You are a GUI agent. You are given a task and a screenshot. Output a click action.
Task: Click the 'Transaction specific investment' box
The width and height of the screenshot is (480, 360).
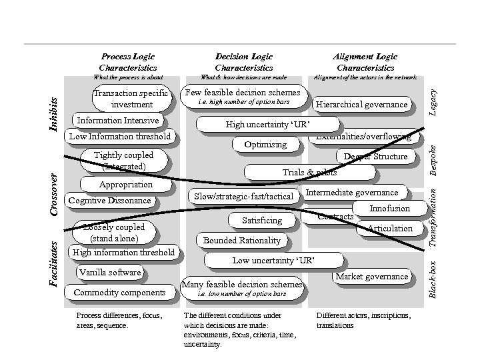(131, 99)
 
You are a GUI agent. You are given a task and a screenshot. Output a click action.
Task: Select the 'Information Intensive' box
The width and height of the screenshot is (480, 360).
(118, 121)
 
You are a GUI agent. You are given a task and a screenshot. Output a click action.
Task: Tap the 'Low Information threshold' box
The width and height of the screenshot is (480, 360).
(121, 137)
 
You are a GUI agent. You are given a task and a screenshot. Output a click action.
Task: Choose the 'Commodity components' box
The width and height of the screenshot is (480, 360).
(119, 292)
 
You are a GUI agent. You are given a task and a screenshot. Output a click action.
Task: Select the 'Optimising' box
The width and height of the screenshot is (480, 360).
(265, 144)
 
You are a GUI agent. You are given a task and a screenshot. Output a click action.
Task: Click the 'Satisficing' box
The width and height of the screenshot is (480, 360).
(262, 220)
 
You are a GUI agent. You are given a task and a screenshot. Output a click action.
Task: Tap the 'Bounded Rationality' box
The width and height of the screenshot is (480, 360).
(242, 240)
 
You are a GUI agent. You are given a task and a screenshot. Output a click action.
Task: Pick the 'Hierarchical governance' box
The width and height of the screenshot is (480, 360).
(361, 104)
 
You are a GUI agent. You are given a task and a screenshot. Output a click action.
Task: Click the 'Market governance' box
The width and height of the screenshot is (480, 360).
(371, 276)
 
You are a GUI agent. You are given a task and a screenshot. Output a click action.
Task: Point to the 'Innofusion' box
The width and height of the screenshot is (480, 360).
(389, 209)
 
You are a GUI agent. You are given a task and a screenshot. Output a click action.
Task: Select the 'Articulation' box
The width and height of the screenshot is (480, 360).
(390, 228)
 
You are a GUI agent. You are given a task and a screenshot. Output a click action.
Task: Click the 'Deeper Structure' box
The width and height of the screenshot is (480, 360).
(375, 157)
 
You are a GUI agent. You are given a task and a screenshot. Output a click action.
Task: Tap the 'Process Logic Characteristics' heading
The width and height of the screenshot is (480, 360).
(127, 62)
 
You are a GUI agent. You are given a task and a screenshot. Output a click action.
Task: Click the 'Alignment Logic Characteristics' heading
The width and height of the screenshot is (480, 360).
(365, 62)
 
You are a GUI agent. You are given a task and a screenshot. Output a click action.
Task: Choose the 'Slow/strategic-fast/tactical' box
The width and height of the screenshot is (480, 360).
(243, 196)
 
